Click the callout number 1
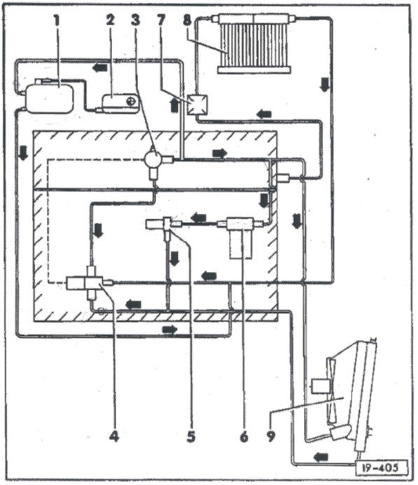click(56, 21)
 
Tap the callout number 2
click(111, 20)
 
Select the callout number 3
click(135, 20)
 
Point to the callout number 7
click(161, 20)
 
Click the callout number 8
click(187, 20)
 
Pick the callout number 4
click(114, 437)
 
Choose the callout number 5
click(191, 437)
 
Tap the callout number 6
click(244, 437)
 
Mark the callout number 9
click(271, 437)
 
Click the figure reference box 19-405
click(382, 467)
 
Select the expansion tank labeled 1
click(50, 97)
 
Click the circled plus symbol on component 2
click(132, 101)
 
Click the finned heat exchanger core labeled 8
click(254, 45)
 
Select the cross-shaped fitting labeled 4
click(90, 283)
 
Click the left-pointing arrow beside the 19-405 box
click(321, 456)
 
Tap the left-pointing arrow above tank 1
click(99, 67)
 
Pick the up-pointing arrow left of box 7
click(174, 105)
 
